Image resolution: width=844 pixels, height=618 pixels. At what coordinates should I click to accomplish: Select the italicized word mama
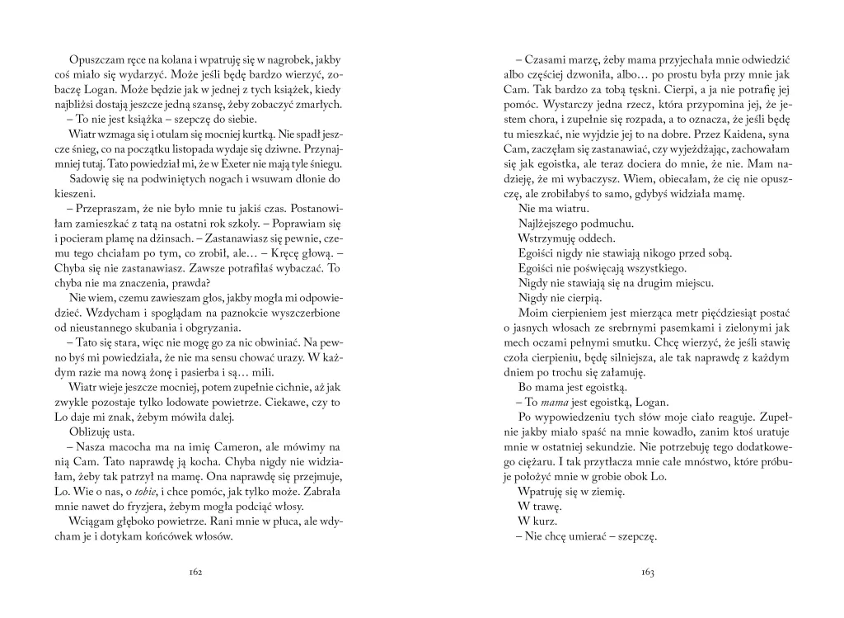point(556,403)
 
